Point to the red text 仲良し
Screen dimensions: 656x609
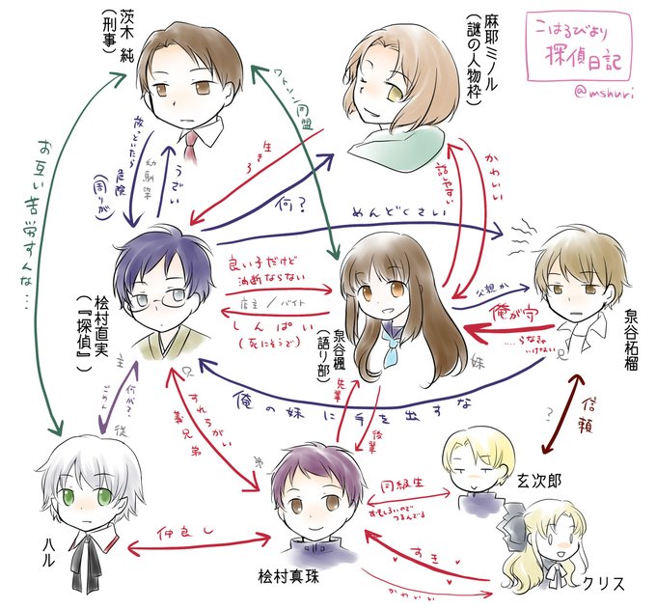click(183, 532)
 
